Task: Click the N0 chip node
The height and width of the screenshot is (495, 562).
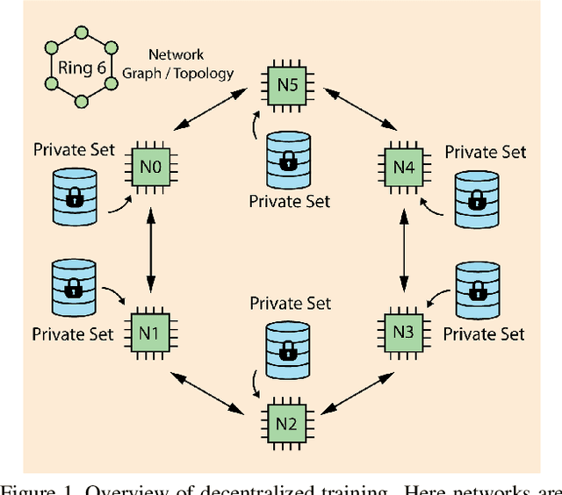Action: [x=150, y=164]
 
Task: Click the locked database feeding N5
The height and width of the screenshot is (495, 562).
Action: [x=288, y=159]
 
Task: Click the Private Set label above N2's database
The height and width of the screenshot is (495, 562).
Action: [x=291, y=303]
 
